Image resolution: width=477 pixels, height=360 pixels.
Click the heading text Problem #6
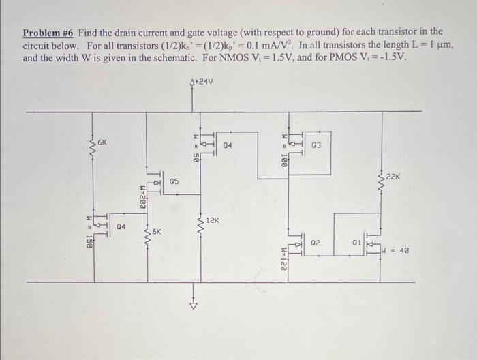coord(49,32)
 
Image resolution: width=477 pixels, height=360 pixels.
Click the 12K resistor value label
coord(212,221)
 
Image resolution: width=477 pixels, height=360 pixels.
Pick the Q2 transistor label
coord(315,243)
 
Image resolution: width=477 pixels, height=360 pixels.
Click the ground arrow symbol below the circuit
coord(192,305)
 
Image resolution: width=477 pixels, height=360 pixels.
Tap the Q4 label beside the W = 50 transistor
coord(227,145)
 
